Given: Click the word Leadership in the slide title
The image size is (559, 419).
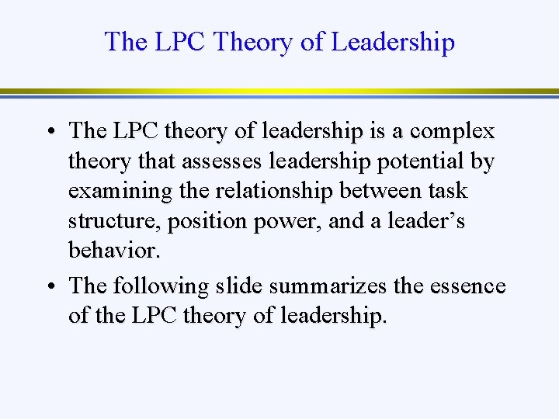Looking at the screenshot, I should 393,41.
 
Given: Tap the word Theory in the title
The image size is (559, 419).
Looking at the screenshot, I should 253,41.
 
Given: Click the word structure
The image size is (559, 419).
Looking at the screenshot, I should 109,221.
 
